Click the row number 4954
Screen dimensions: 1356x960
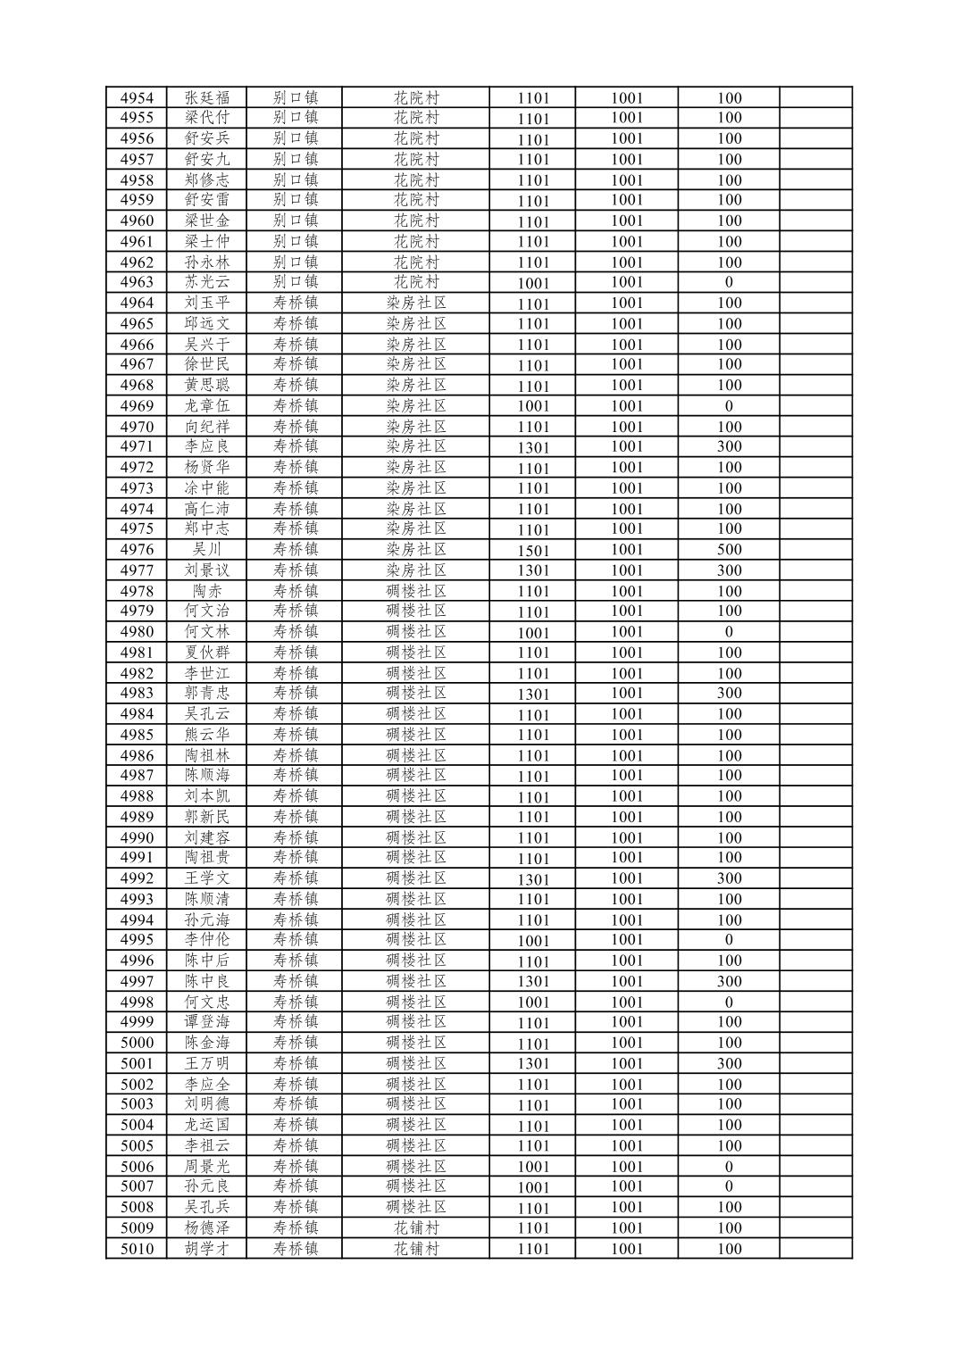pos(137,97)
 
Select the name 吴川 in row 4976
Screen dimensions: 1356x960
pos(207,550)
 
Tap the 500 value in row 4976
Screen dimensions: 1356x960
pos(729,550)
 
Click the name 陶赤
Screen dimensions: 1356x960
pos(207,591)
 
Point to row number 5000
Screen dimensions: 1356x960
pos(137,1043)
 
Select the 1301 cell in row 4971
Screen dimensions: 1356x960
pos(533,447)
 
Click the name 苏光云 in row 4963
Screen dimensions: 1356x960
pos(207,282)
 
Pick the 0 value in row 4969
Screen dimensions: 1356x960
pos(729,406)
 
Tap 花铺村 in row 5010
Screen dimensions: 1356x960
pos(416,1249)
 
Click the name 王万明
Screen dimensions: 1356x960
pos(207,1063)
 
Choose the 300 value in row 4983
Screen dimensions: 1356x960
pos(729,694)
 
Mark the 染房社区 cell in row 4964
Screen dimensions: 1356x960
pos(416,303)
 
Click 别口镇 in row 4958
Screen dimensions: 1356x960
pos(295,179)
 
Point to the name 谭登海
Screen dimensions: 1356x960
pos(207,1022)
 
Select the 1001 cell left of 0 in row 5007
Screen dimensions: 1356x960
pos(626,1186)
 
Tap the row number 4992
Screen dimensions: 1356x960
pos(137,878)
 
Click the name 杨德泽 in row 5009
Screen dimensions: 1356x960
pos(207,1228)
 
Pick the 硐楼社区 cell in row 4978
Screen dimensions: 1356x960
pos(416,591)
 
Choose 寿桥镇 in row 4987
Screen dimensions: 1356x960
pos(295,776)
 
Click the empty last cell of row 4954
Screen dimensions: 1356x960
pos(815,97)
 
